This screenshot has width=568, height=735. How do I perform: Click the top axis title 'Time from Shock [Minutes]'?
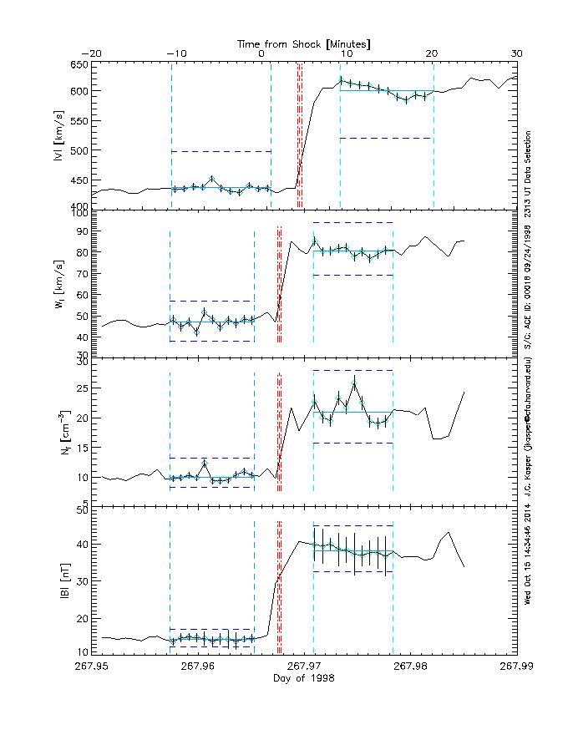point(304,42)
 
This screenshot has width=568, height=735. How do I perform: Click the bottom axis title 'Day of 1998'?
point(304,678)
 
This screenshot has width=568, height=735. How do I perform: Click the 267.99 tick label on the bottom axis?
point(516,666)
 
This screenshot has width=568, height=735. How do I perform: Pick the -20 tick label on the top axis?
point(91,53)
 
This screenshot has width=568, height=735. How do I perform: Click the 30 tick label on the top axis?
point(516,53)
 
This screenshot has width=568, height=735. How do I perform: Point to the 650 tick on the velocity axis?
point(78,65)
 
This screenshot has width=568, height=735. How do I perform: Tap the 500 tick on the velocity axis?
point(78,150)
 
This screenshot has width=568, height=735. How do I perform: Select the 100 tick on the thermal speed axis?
point(78,214)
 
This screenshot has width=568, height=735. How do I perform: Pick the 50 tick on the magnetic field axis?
point(82,509)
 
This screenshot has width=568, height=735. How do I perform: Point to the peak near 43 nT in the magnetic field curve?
point(449,532)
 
